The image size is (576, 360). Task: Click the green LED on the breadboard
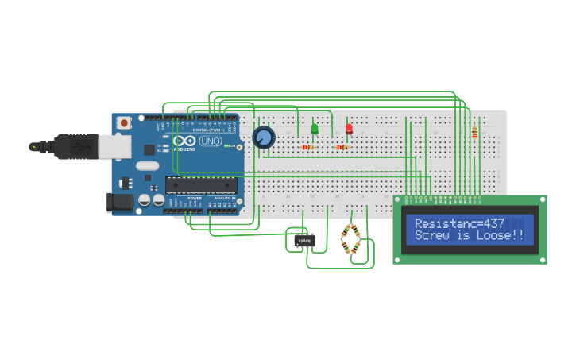[x=315, y=128]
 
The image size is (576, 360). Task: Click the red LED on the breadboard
[x=348, y=128]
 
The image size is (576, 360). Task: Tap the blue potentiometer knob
[x=263, y=138]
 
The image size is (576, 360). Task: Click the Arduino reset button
[x=123, y=123]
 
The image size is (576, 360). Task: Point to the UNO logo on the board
[x=210, y=141]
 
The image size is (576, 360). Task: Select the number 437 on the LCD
[x=493, y=223]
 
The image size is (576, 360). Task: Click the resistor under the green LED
[x=307, y=147]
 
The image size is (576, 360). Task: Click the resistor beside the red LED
[x=342, y=147]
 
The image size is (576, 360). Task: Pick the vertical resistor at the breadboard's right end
[x=474, y=133]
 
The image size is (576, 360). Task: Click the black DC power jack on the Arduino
[x=120, y=203]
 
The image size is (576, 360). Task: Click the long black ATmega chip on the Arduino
[x=200, y=185]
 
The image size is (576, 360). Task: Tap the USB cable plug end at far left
[x=36, y=147]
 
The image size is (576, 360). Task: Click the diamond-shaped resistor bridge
[x=351, y=239]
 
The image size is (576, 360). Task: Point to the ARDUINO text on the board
[x=184, y=149]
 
